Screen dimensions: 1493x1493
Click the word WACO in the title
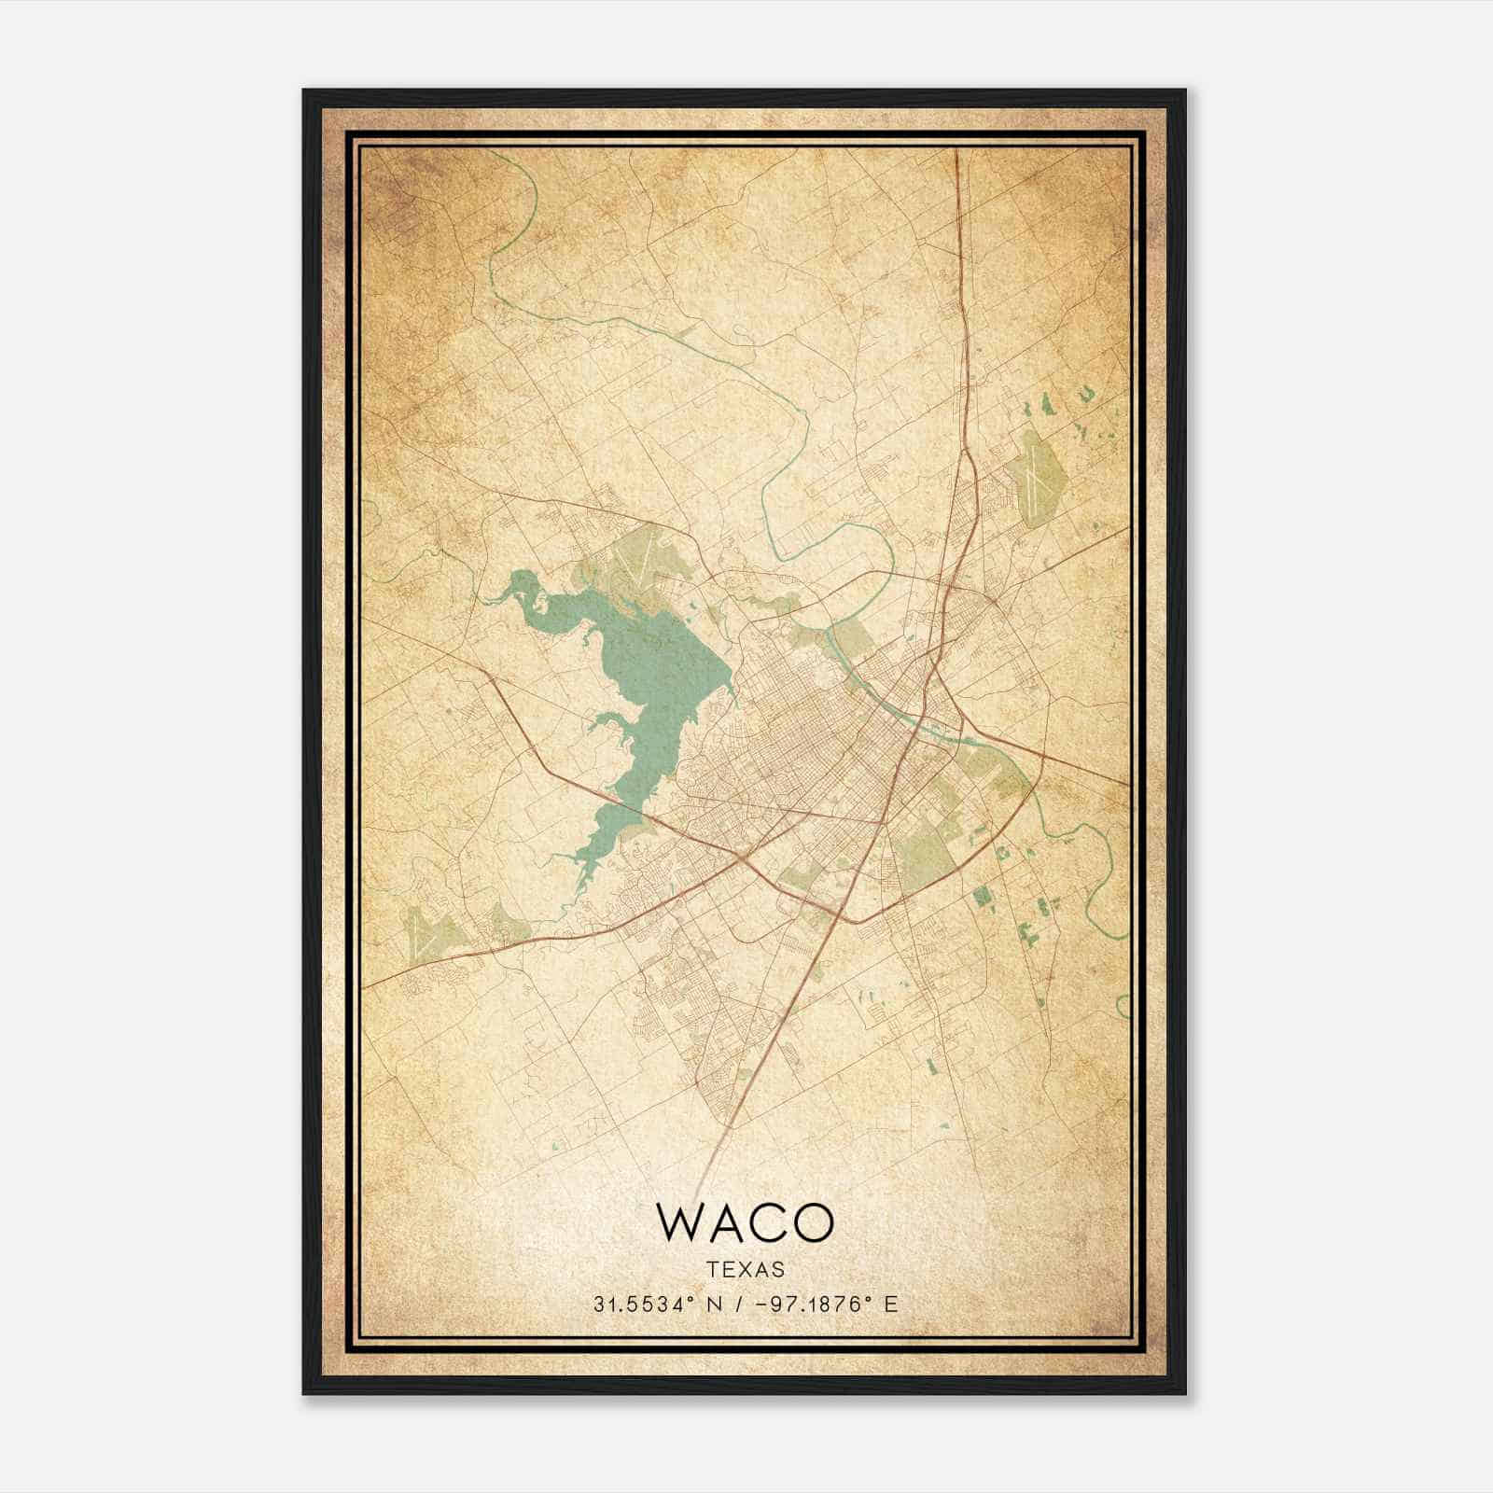click(x=745, y=1222)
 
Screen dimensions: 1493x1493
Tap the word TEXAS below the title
click(x=746, y=1269)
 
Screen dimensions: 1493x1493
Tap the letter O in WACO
click(x=811, y=1222)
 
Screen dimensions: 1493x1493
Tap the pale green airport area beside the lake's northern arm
click(x=644, y=560)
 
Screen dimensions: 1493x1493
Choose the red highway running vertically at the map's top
click(x=959, y=280)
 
